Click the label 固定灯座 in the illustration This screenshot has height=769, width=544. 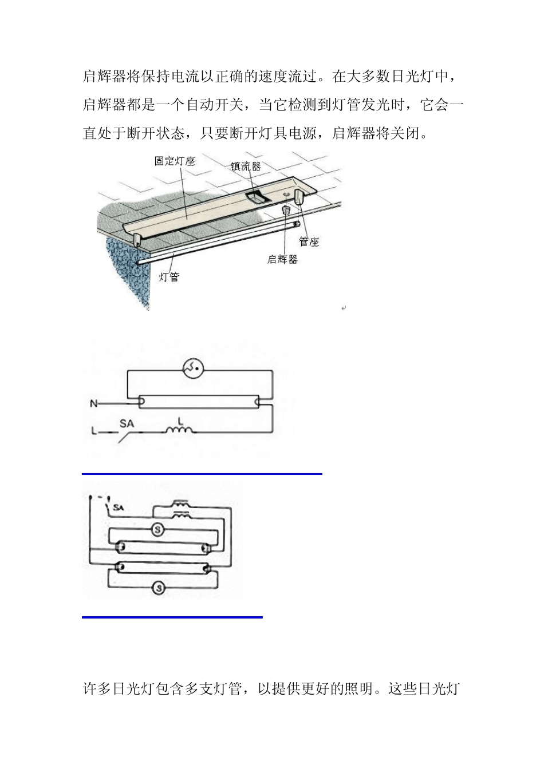(x=175, y=161)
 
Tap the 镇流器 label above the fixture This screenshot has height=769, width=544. (x=246, y=167)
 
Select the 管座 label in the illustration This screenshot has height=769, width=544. (x=309, y=242)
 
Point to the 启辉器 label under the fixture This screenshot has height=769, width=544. (x=282, y=259)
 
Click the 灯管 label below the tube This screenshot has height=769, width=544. (x=169, y=277)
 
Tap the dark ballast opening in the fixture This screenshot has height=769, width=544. (x=256, y=198)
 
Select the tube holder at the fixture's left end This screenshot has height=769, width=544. (x=137, y=239)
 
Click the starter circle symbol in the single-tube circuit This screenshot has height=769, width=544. (x=193, y=369)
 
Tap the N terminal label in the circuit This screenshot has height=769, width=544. (x=93, y=404)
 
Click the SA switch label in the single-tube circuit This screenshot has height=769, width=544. (x=127, y=423)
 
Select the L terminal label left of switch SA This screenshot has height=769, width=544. (x=94, y=431)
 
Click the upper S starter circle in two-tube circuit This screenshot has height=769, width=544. (x=157, y=530)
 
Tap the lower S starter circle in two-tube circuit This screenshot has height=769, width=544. (x=160, y=588)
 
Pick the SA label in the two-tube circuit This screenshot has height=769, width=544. (x=119, y=508)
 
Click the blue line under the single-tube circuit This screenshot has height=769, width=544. (x=202, y=474)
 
